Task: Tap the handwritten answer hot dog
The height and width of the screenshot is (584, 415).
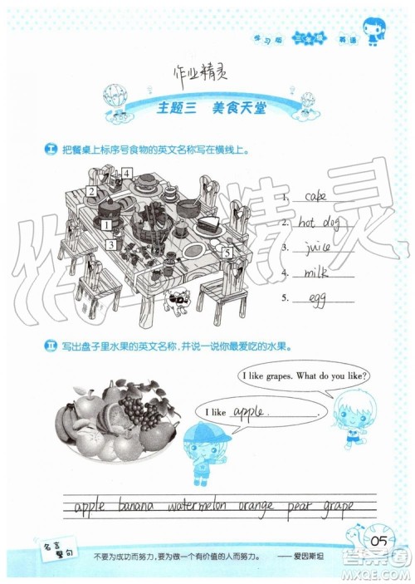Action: [x=317, y=222]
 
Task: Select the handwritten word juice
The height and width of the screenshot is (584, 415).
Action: [x=319, y=247]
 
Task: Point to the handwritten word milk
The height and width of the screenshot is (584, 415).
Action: [x=318, y=272]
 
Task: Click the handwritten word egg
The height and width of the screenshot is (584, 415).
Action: [x=316, y=297]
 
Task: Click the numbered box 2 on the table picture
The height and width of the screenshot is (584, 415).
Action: [x=90, y=192]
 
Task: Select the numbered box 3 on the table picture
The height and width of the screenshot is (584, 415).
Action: [x=110, y=244]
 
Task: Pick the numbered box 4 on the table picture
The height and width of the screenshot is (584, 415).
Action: [x=127, y=174]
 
